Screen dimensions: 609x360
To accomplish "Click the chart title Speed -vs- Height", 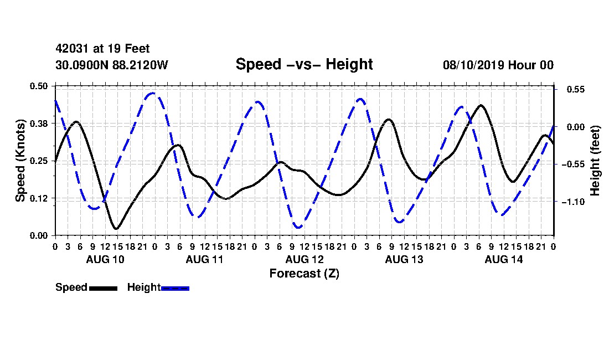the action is click(304, 64).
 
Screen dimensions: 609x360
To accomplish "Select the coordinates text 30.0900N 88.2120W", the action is click(112, 65).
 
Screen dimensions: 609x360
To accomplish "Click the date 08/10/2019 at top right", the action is click(473, 65).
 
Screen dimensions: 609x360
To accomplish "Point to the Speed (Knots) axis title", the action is click(20, 161).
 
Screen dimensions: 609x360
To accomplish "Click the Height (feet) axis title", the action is click(595, 161).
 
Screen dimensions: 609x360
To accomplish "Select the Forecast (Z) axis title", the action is click(304, 274).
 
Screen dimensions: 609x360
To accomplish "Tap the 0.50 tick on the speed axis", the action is click(39, 86).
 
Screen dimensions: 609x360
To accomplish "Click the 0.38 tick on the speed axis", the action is click(39, 124).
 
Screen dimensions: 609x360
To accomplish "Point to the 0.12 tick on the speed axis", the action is click(39, 198).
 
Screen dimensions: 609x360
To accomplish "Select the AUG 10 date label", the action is click(105, 259).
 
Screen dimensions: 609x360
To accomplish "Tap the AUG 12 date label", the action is click(304, 259).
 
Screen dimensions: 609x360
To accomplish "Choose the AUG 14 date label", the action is click(504, 259).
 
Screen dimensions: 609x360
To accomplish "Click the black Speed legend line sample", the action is click(104, 288).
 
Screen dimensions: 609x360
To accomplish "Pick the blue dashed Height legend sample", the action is click(175, 288).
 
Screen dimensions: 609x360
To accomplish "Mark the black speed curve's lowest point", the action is click(115, 228).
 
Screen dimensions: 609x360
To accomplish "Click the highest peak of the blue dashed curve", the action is click(153, 93).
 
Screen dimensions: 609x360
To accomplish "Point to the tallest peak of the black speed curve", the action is click(481, 105).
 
